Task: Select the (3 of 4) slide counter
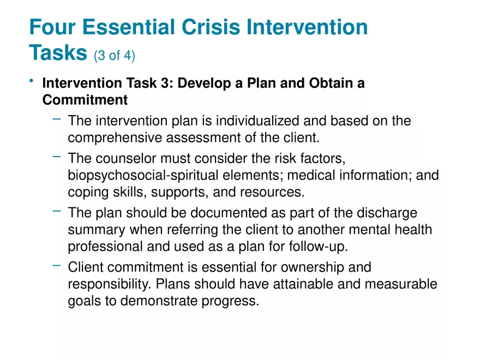click(x=115, y=55)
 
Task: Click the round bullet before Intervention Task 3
click(x=32, y=82)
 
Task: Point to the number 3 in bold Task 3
click(x=169, y=83)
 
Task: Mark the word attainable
click(x=311, y=284)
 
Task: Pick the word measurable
click(x=403, y=284)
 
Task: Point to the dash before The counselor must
click(x=57, y=157)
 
